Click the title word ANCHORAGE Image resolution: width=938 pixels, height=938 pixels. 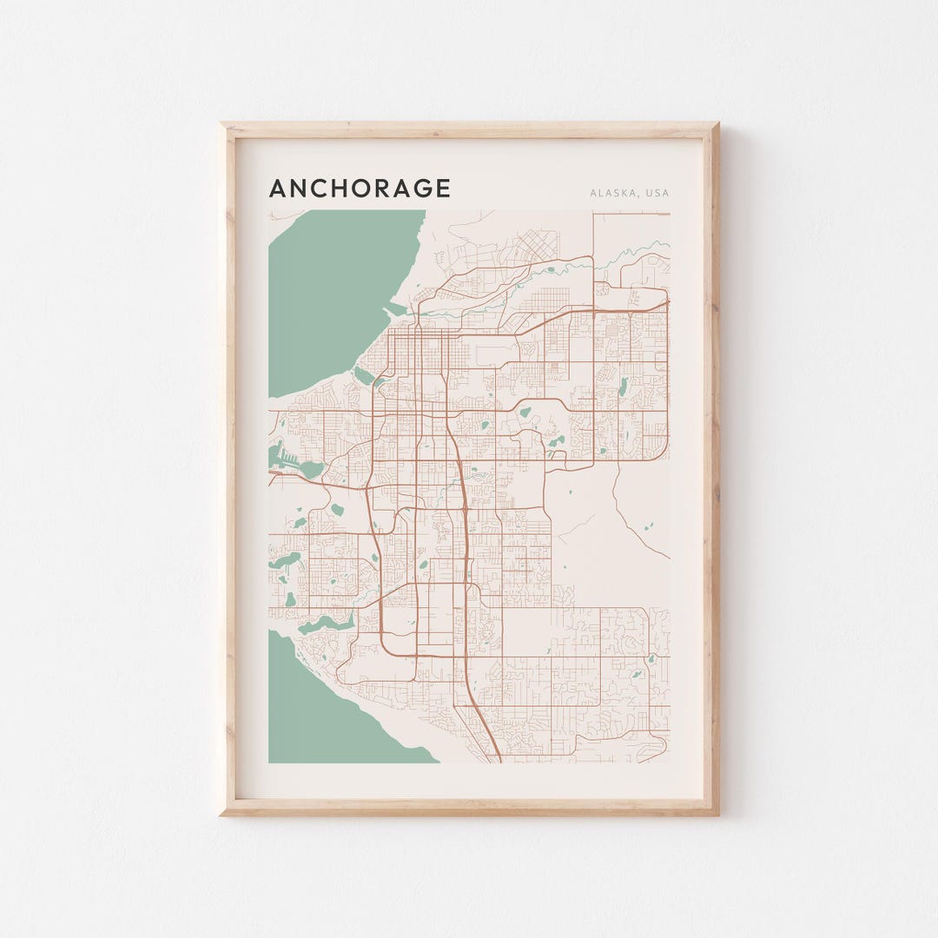(360, 188)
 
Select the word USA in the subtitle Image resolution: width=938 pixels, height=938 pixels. (657, 193)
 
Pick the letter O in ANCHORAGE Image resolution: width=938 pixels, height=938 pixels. (360, 188)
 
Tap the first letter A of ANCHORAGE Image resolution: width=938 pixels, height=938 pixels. (278, 188)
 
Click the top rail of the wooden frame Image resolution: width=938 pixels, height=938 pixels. (469, 130)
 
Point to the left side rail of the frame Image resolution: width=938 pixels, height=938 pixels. (228, 469)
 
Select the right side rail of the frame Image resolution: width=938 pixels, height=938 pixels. (710, 469)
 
